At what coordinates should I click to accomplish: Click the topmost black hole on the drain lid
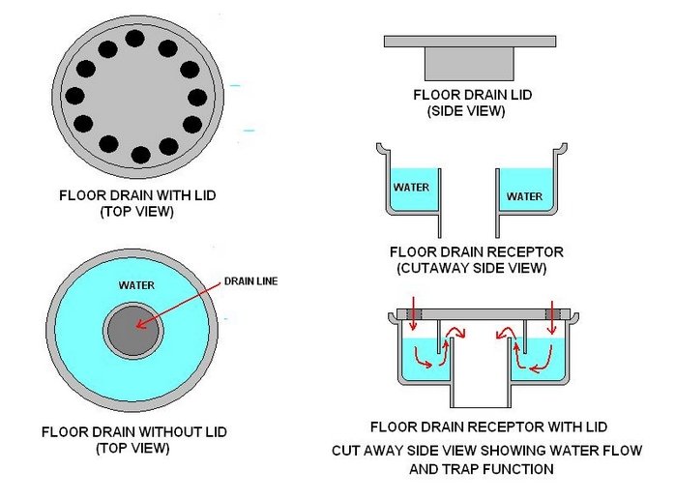tap(134, 40)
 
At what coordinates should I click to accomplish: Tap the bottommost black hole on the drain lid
tap(140, 154)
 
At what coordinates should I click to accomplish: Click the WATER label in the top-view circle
tap(136, 286)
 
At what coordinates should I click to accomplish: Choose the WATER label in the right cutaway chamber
tap(524, 196)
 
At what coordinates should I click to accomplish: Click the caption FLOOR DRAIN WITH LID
tap(136, 196)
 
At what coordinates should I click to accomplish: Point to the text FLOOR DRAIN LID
tap(471, 96)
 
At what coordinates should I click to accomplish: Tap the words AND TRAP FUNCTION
tap(471, 469)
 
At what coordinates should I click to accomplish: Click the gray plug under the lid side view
tap(470, 64)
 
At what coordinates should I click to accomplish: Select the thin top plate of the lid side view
tap(470, 42)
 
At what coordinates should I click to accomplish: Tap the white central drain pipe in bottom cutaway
tap(482, 372)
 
